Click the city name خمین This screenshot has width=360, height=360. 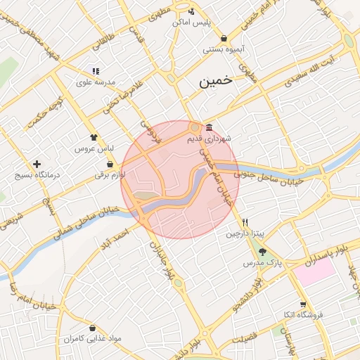point(215,82)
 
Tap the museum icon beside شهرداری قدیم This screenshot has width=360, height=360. point(210,127)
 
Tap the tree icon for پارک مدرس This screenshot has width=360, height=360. point(262,251)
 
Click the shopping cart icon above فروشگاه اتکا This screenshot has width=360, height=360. point(302,304)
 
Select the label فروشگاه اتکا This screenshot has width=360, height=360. point(302,315)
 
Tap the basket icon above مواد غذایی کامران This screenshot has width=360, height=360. point(93,328)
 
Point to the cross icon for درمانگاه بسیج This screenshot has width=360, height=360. point(37,163)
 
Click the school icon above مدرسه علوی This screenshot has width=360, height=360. point(96,70)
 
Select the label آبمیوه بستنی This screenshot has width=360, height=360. point(224,49)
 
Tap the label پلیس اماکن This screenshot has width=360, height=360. point(193,22)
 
